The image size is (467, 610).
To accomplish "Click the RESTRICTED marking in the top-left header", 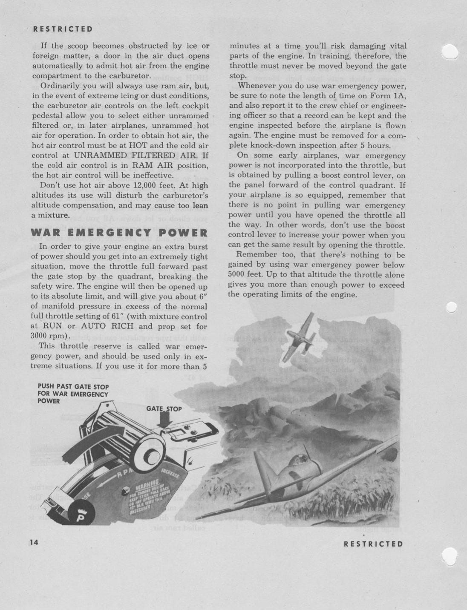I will (x=63, y=29).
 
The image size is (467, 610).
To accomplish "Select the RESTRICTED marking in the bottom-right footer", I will (x=373, y=544).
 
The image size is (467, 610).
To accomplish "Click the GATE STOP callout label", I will (x=164, y=409).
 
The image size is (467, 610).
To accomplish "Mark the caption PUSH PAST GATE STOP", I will (x=73, y=387).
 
